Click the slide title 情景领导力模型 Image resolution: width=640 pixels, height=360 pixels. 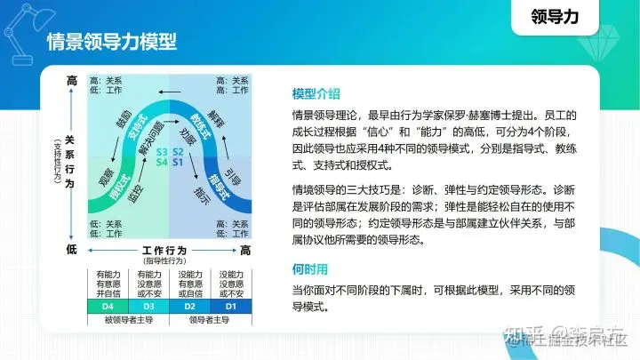click(x=111, y=42)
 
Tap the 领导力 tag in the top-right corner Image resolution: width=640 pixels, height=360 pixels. click(x=554, y=16)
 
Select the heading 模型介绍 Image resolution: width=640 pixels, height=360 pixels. click(x=316, y=94)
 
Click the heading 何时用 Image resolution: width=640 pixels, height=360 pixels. click(x=309, y=268)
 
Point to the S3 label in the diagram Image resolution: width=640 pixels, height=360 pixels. click(x=162, y=151)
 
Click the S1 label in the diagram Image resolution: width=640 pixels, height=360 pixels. click(x=177, y=163)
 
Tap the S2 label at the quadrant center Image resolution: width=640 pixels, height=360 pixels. click(x=177, y=151)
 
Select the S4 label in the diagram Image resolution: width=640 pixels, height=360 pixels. click(x=162, y=163)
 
